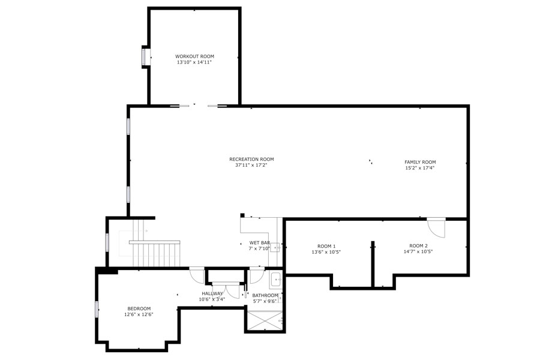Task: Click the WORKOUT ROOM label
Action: [x=194, y=56]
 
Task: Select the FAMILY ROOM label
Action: [x=420, y=162]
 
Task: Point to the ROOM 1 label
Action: [x=326, y=245]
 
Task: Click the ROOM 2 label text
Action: [x=418, y=245]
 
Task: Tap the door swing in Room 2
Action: [x=436, y=227]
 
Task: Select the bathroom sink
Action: [x=276, y=280]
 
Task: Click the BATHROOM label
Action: [x=265, y=295]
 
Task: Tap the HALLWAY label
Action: [x=212, y=293]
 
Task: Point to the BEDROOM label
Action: [x=139, y=308]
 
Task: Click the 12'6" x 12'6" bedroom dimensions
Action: [x=139, y=314]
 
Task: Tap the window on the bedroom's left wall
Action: [x=97, y=309]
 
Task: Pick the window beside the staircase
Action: [x=107, y=242]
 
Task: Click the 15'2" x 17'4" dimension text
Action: [x=420, y=168]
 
